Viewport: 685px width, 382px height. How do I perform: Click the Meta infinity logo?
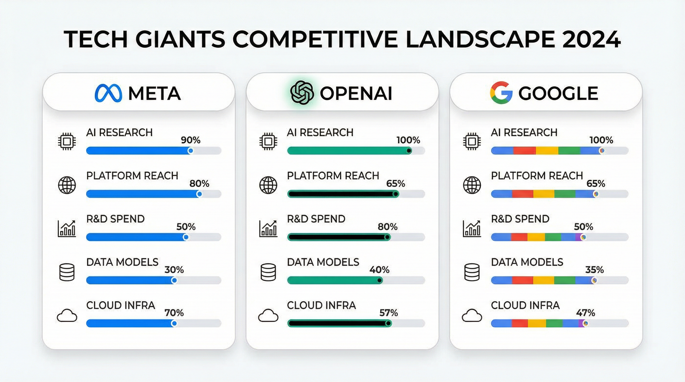click(x=108, y=93)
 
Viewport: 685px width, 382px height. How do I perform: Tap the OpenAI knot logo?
click(x=302, y=93)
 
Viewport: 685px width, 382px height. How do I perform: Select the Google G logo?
click(x=501, y=93)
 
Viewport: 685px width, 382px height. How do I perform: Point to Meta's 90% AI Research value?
click(x=191, y=140)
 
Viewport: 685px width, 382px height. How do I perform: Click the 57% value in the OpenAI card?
click(x=389, y=313)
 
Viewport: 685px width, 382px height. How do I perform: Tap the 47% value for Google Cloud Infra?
click(x=586, y=313)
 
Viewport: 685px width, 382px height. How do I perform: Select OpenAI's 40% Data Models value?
click(x=379, y=270)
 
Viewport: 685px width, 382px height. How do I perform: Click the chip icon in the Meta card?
click(x=67, y=141)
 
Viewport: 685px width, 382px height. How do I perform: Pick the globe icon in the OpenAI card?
click(x=268, y=185)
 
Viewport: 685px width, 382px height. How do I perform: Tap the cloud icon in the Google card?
click(x=472, y=316)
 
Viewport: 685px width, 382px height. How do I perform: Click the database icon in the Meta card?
click(x=67, y=272)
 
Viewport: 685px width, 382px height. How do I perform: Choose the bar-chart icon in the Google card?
click(x=472, y=228)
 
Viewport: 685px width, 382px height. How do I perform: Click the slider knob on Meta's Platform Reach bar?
click(x=199, y=194)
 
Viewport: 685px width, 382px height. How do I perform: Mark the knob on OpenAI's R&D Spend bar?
click(x=387, y=237)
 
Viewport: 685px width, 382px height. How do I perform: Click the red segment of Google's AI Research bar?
click(x=524, y=151)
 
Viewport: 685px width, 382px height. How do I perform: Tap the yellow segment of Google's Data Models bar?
click(x=544, y=280)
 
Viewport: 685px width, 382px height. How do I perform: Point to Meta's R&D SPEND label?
click(x=115, y=219)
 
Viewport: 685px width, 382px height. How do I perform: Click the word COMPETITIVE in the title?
click(x=315, y=39)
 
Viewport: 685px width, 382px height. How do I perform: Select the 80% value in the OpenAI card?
click(x=388, y=227)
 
